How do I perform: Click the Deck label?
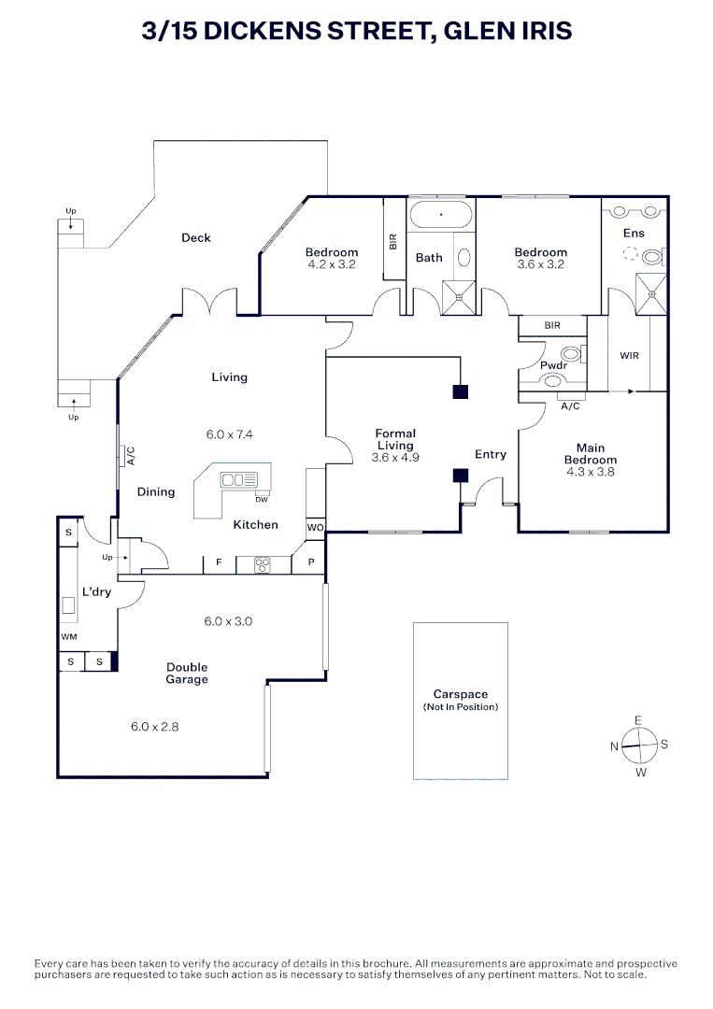coord(196,238)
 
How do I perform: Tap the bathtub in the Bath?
coord(442,216)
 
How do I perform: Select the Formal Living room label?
coord(395,439)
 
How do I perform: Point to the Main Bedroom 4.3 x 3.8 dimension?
coord(591,472)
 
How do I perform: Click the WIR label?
coord(629,356)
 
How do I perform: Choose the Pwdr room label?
coord(554,364)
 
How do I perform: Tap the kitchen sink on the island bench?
coord(238,480)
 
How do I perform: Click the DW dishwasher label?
coord(262,499)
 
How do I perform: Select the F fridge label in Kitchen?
coord(219,563)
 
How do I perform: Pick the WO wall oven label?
coord(315,528)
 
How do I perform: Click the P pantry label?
coord(309,563)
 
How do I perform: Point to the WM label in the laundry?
coord(68,636)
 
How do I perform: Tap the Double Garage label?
coord(187,674)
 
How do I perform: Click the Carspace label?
coord(461,695)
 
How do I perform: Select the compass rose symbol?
coord(639,746)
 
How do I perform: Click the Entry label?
coord(491,455)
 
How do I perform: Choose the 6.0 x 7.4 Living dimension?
coord(230,434)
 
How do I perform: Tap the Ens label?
coord(634,233)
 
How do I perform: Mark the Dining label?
coord(156,492)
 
